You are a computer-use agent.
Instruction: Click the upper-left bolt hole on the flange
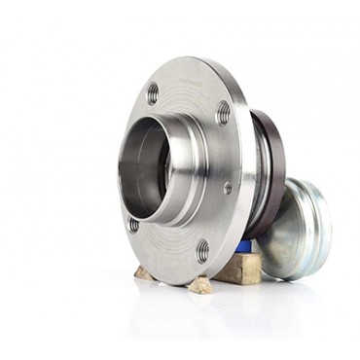tap(153, 93)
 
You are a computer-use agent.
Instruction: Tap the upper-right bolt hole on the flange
tap(223, 112)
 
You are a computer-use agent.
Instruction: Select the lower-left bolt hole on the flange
tap(133, 225)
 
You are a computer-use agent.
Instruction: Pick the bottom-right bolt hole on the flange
tap(202, 251)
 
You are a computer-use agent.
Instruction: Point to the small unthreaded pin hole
tap(228, 188)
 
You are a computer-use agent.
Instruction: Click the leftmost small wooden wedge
tap(144, 273)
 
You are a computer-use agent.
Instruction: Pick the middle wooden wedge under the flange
tap(199, 284)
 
